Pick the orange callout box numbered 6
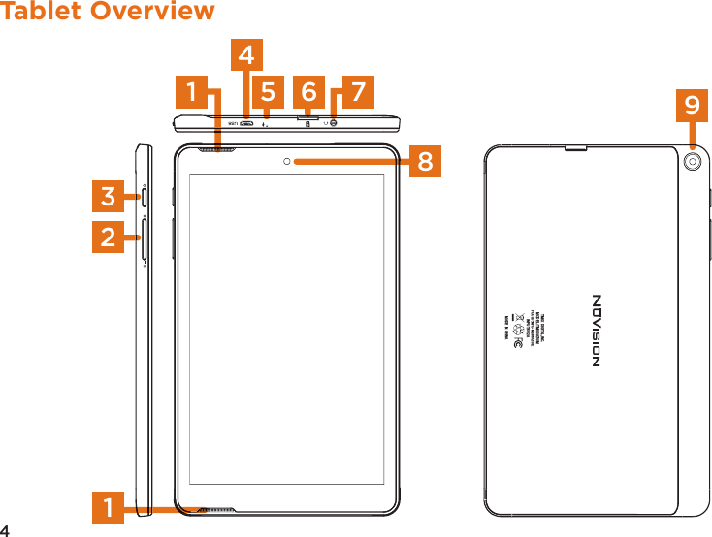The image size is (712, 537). pos(308,92)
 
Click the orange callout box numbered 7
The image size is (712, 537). pos(358,92)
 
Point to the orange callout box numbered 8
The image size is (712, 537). pos(424,162)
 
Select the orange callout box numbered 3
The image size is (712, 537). pos(110,197)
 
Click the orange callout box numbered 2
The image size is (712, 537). pos(110,236)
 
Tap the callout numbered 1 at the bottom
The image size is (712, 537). pos(110,508)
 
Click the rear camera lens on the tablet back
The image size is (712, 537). pos(693,162)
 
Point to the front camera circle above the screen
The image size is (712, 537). pos(288,161)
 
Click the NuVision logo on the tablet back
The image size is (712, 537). pos(597,331)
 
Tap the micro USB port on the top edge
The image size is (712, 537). pos(248,123)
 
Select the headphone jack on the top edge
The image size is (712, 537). pos(334,122)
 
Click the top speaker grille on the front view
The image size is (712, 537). pos(217,150)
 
